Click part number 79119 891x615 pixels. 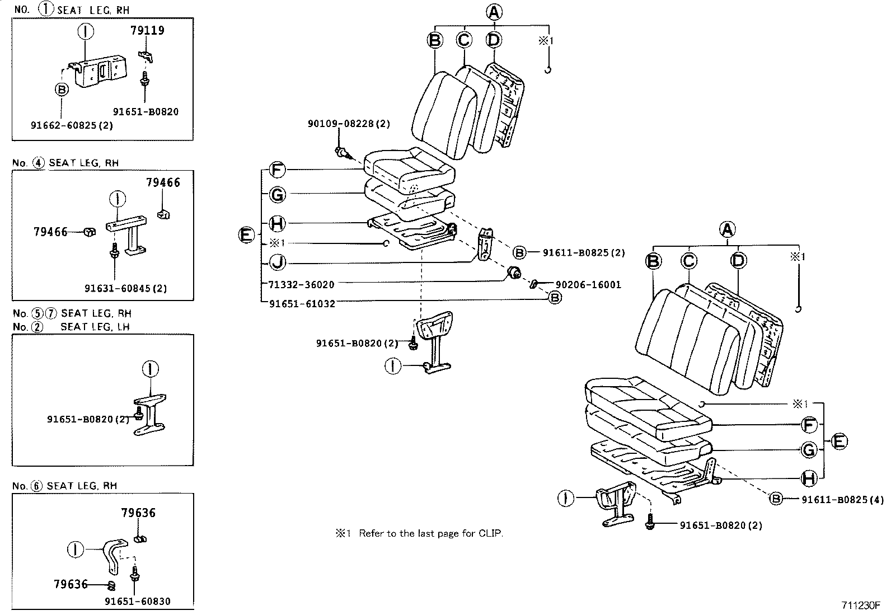pos(147,30)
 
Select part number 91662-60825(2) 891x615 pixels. pos(72,126)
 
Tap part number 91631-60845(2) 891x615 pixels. pos(125,289)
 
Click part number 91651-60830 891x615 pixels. pos(137,602)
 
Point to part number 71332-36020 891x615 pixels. pos(302,285)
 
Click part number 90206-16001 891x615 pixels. pos(588,285)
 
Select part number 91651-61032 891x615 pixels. pos(302,304)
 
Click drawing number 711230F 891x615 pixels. pos(861,605)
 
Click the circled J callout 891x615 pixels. pos(276,262)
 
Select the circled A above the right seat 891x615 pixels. pos(726,229)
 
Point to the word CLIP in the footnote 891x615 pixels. pos(490,534)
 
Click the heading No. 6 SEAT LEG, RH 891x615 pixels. pos(65,486)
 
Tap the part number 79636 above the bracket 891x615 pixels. pos(138,513)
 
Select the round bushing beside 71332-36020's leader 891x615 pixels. pos(514,274)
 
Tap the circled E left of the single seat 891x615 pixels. pos(247,235)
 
